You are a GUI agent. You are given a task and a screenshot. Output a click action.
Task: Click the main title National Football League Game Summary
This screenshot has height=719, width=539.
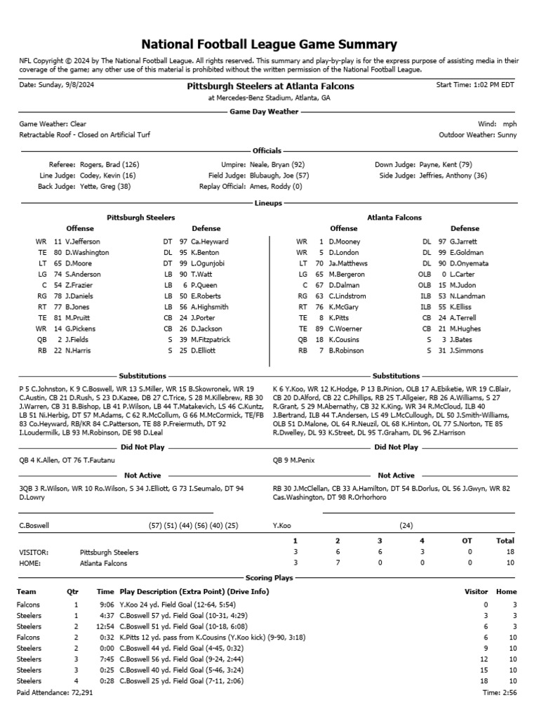(269, 44)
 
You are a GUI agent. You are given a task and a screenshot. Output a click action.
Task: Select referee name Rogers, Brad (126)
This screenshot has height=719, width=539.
(109, 164)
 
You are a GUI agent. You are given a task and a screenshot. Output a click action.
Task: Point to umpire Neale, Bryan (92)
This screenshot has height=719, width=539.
(277, 164)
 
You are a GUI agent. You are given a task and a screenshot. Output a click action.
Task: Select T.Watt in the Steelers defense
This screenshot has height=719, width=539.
(202, 273)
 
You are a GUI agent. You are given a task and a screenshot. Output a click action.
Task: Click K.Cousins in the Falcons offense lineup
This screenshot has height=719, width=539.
(343, 339)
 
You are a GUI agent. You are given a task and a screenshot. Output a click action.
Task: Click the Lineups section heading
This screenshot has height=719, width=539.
(269, 204)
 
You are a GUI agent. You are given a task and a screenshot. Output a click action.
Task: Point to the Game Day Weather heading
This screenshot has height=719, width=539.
(269, 112)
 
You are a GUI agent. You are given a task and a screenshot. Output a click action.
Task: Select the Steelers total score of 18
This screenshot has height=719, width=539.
(505, 553)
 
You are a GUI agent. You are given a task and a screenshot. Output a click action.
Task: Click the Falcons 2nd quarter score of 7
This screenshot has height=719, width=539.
(338, 563)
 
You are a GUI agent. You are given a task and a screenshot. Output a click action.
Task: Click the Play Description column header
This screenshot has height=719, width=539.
(194, 592)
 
